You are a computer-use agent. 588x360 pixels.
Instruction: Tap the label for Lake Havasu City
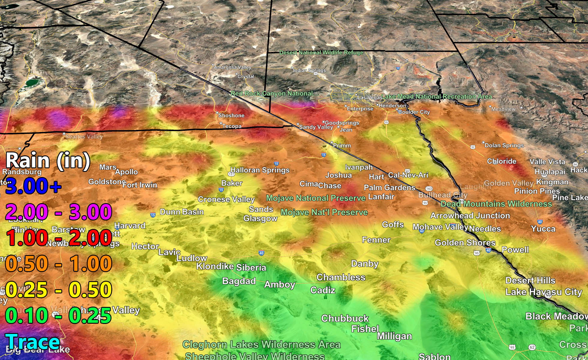click(544, 292)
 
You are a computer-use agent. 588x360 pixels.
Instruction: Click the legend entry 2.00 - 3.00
click(58, 212)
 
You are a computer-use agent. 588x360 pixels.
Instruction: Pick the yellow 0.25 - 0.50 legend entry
click(58, 290)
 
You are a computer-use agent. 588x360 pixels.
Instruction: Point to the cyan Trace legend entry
click(33, 342)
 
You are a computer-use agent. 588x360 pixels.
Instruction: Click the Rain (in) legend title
click(48, 160)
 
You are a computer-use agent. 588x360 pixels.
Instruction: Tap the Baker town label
click(232, 183)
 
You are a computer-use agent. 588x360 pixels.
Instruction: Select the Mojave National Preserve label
click(316, 198)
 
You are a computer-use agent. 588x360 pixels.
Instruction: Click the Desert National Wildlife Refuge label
click(321, 52)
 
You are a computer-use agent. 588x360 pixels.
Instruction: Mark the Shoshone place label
click(231, 115)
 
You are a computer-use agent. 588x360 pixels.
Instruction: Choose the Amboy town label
click(280, 284)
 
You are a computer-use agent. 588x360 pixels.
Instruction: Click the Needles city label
click(485, 229)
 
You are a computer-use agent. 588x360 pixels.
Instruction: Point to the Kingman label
click(552, 182)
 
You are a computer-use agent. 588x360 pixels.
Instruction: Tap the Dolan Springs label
click(504, 145)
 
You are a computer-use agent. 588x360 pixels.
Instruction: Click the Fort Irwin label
click(140, 185)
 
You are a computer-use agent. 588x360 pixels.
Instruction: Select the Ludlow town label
click(192, 258)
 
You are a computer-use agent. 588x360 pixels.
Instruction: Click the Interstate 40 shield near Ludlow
click(261, 253)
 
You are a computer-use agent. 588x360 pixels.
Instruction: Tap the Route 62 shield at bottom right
click(532, 347)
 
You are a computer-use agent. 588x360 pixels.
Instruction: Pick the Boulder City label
click(414, 112)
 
